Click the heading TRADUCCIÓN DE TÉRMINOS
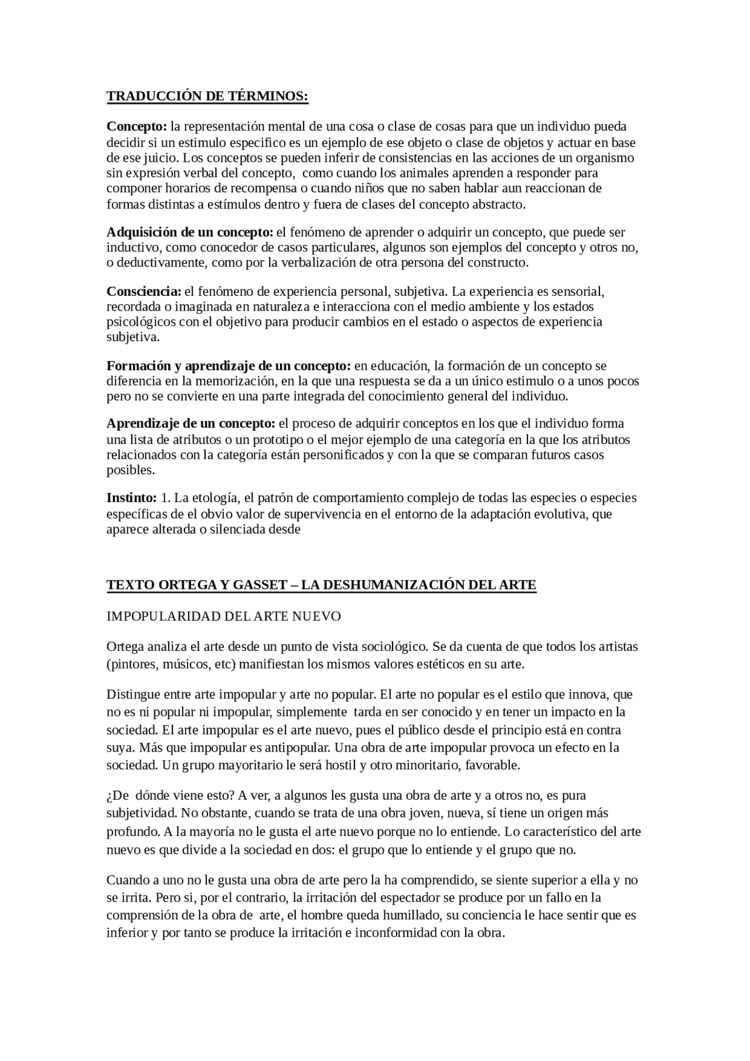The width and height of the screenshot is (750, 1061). [x=207, y=97]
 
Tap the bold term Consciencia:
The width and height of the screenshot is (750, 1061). [x=144, y=292]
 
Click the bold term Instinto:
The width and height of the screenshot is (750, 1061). [x=131, y=498]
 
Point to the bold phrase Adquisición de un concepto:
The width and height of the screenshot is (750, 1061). [x=190, y=232]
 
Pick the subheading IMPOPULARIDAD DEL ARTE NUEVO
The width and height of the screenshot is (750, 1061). [x=223, y=616]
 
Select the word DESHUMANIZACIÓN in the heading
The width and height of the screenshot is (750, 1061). [x=384, y=585]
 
